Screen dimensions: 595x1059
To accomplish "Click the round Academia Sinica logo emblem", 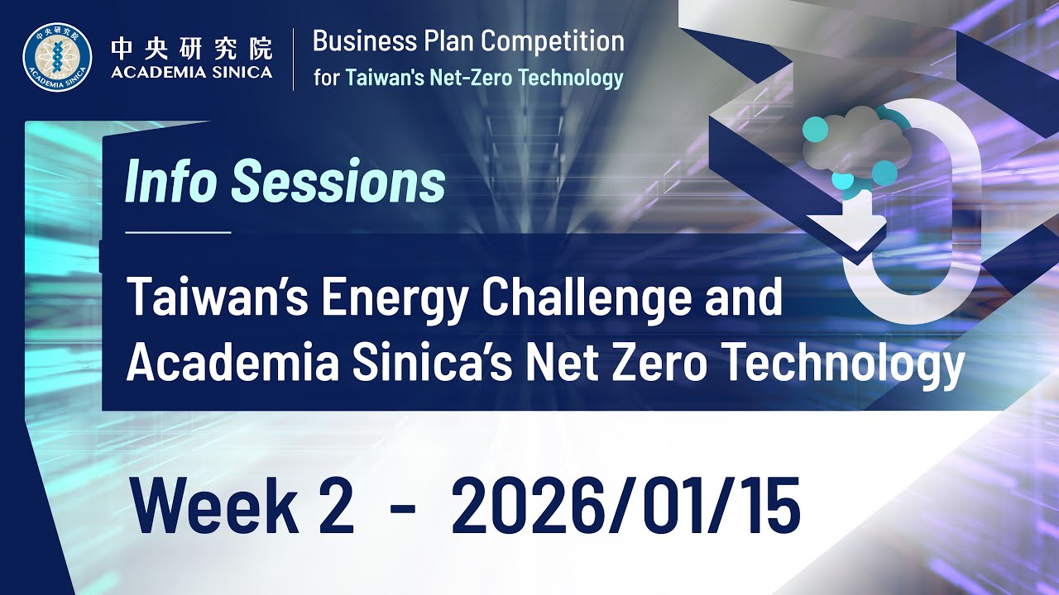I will [57, 57].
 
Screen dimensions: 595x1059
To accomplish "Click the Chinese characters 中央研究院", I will [191, 48].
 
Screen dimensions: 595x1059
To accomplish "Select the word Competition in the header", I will [553, 40].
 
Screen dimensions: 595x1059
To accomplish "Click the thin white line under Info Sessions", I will [178, 233].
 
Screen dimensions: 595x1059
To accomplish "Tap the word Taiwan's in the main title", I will [216, 297].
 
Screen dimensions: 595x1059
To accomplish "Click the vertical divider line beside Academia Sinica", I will [294, 59].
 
